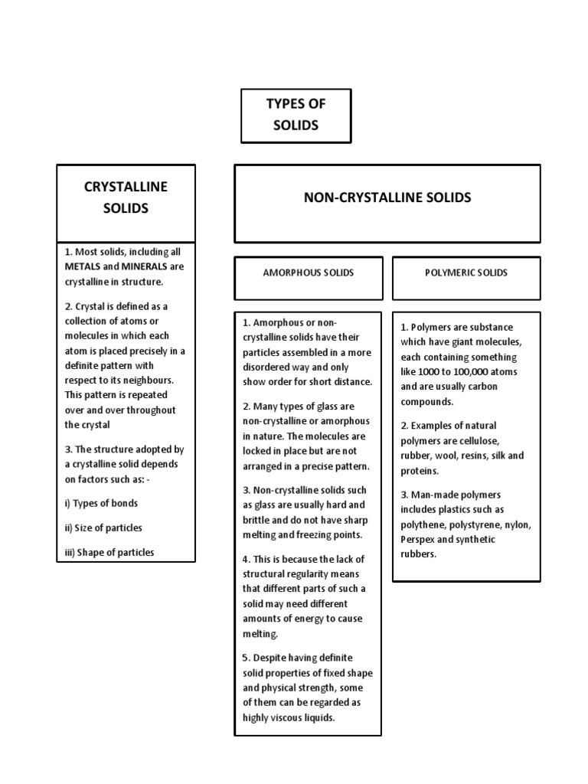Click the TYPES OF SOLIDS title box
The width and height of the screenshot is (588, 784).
pyautogui.click(x=296, y=115)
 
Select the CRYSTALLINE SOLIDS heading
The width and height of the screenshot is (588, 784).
pyautogui.click(x=126, y=198)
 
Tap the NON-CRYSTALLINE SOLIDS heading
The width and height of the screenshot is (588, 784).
pyautogui.click(x=387, y=198)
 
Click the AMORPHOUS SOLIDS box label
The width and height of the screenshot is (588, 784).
pyautogui.click(x=309, y=273)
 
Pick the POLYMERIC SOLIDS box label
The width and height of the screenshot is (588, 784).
pyautogui.click(x=466, y=273)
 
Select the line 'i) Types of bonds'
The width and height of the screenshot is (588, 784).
pyautogui.click(x=101, y=503)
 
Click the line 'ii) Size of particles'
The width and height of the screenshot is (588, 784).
pyautogui.click(x=103, y=528)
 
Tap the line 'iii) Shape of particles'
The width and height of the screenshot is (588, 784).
pyautogui.click(x=109, y=552)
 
